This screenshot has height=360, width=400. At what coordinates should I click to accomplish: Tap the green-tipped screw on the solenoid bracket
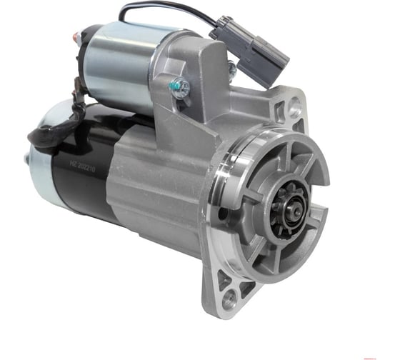point(179,88)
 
